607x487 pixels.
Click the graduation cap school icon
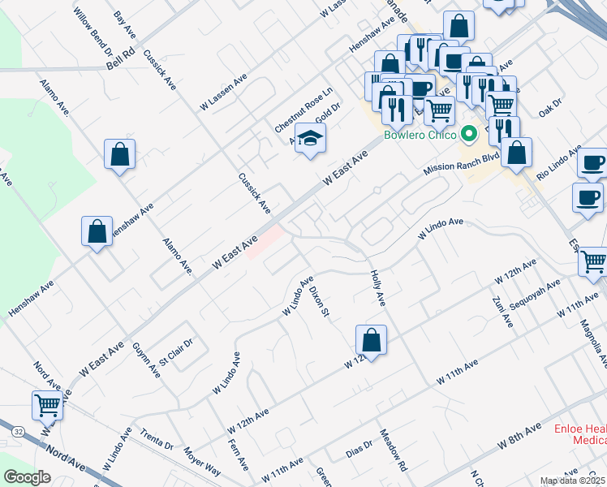310,140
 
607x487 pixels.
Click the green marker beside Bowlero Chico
467,134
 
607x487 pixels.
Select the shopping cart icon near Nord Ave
48,403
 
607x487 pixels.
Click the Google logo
27,476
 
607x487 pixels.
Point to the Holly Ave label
377,288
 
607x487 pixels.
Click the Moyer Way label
201,460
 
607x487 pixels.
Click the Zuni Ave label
503,310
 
